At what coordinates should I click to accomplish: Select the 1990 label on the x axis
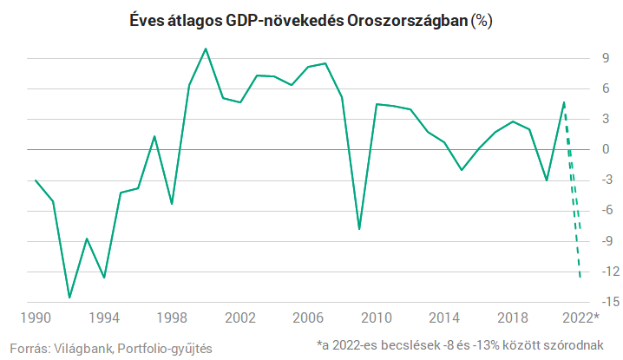pyautogui.click(x=36, y=317)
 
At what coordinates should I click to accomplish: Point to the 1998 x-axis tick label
pyautogui.click(x=172, y=317)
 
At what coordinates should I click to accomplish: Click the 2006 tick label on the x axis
pyautogui.click(x=308, y=317)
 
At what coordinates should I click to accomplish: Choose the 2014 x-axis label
pyautogui.click(x=443, y=317)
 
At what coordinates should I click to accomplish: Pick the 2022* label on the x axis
pyautogui.click(x=581, y=317)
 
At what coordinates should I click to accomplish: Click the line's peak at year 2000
pyautogui.click(x=206, y=49)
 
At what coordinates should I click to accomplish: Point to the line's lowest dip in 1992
pyautogui.click(x=69, y=298)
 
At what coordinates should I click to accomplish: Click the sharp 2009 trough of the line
pyautogui.click(x=359, y=229)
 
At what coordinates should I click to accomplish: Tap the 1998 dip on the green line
pyautogui.click(x=172, y=204)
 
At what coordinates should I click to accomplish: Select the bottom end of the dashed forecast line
pyautogui.click(x=580, y=278)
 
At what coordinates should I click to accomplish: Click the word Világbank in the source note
pyautogui.click(x=81, y=348)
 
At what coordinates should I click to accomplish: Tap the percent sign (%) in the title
pyautogui.click(x=481, y=22)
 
